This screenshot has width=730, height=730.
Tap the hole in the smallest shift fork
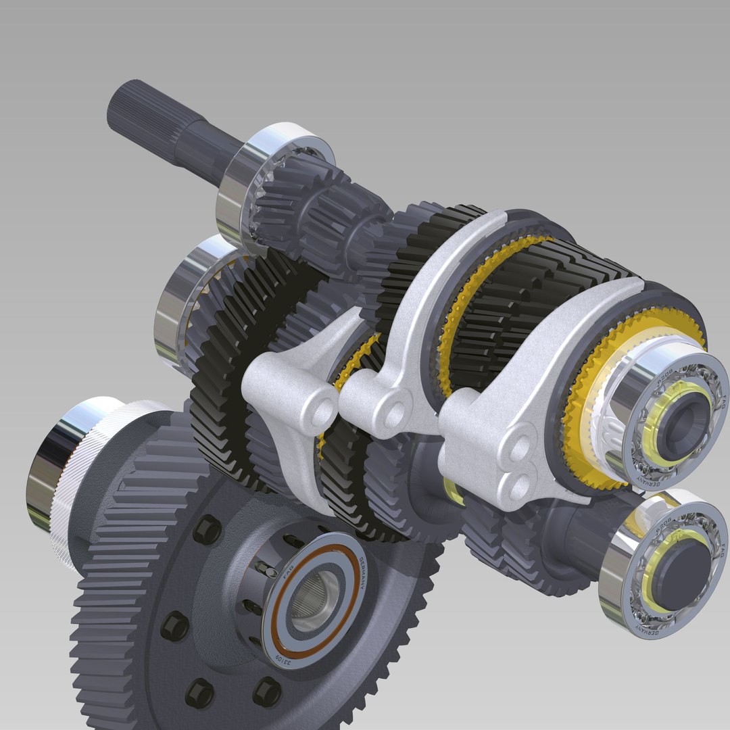(x=324, y=410)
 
